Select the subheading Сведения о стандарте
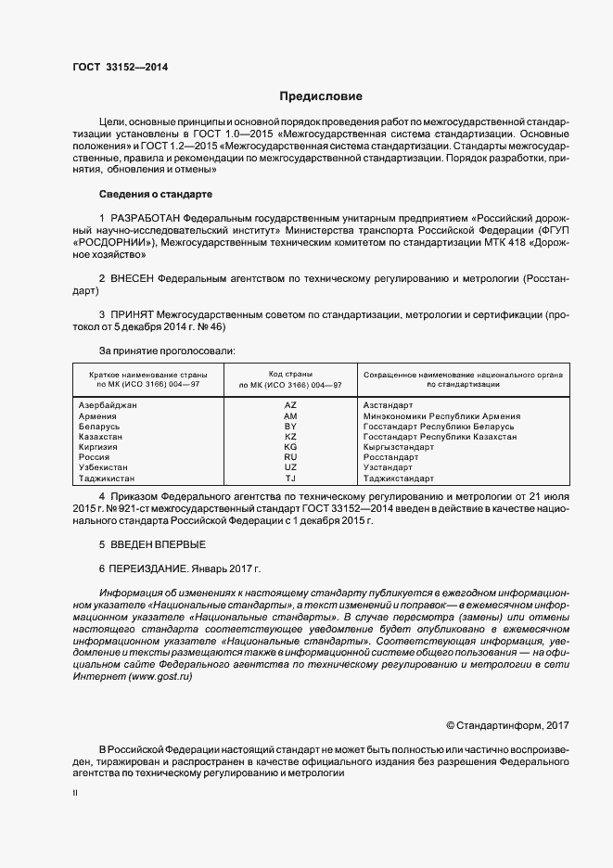click(x=155, y=195)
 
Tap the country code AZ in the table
click(x=290, y=405)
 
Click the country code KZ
click(x=290, y=436)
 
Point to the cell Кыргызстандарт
click(x=399, y=446)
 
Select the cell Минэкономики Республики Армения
click(x=441, y=415)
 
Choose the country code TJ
click(x=290, y=478)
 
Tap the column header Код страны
click(x=290, y=373)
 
